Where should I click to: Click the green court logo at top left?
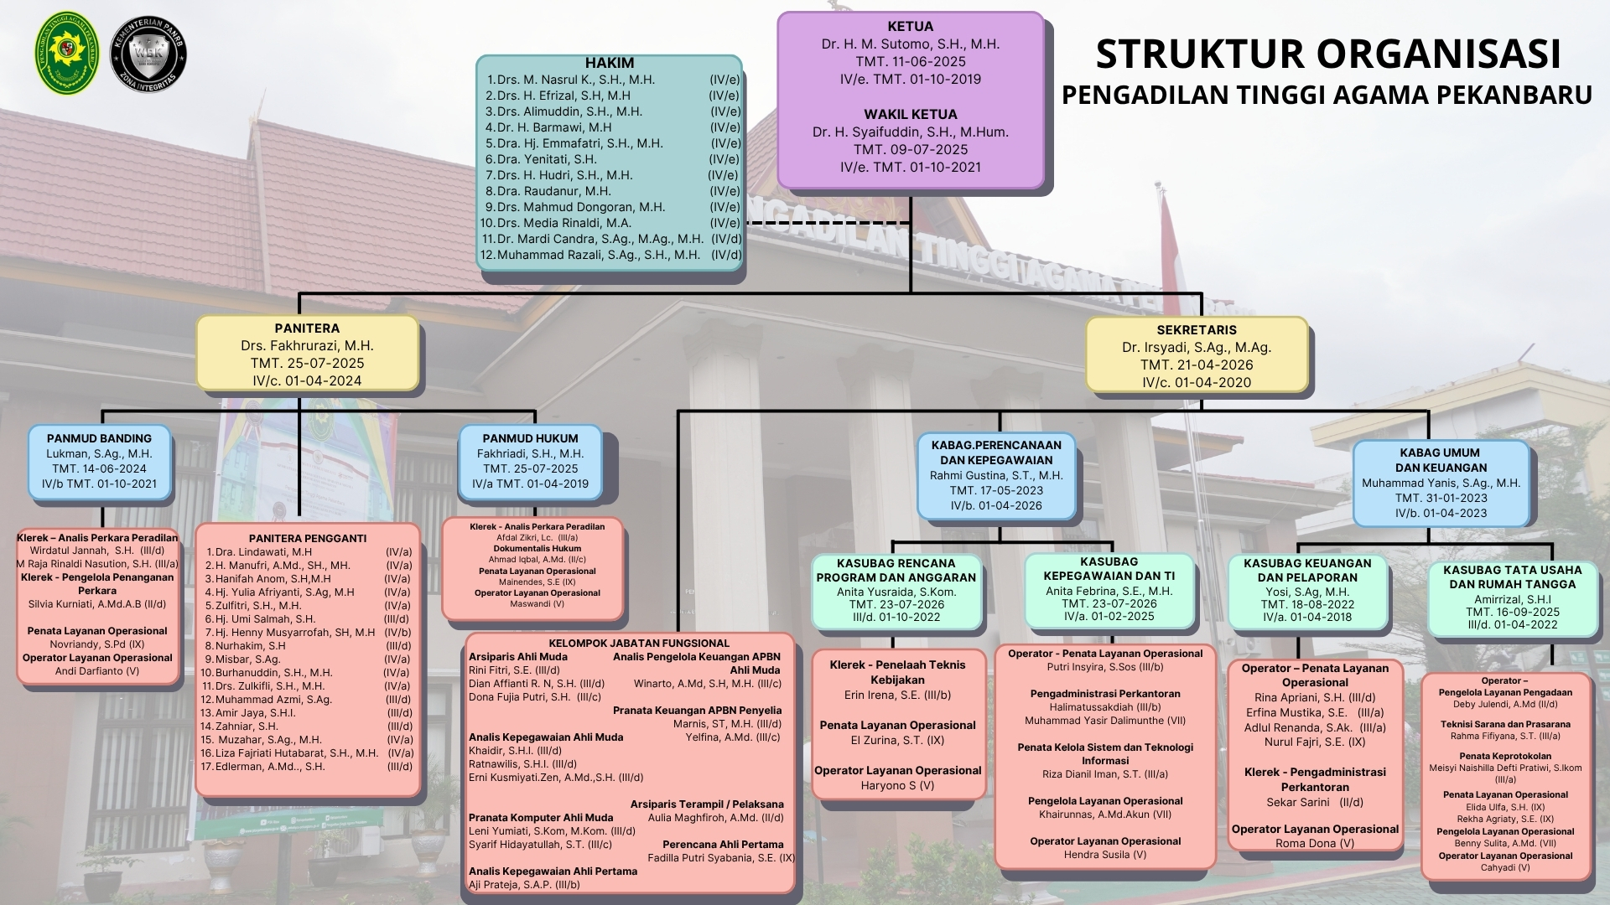pyautogui.click(x=66, y=53)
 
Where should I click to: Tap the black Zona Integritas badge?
pyautogui.click(x=148, y=54)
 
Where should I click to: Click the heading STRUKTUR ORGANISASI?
pyautogui.click(x=1328, y=54)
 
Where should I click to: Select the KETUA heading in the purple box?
pyautogui.click(x=910, y=26)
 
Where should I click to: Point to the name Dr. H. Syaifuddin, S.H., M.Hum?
pyautogui.click(x=910, y=132)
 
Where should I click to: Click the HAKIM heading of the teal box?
pyautogui.click(x=610, y=63)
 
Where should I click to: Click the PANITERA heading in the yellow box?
pyautogui.click(x=307, y=328)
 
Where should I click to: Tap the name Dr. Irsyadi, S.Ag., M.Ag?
pyautogui.click(x=1197, y=347)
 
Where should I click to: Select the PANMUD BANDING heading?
pyautogui.click(x=99, y=438)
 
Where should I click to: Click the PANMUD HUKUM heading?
pyautogui.click(x=530, y=438)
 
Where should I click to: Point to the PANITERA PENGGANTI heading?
pyautogui.click(x=308, y=538)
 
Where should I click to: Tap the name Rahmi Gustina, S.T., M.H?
pyautogui.click(x=996, y=475)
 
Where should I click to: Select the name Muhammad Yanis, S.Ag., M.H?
pyautogui.click(x=1441, y=483)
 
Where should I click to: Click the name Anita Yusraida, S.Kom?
pyautogui.click(x=896, y=592)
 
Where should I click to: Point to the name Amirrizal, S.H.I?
pyautogui.click(x=1513, y=599)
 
